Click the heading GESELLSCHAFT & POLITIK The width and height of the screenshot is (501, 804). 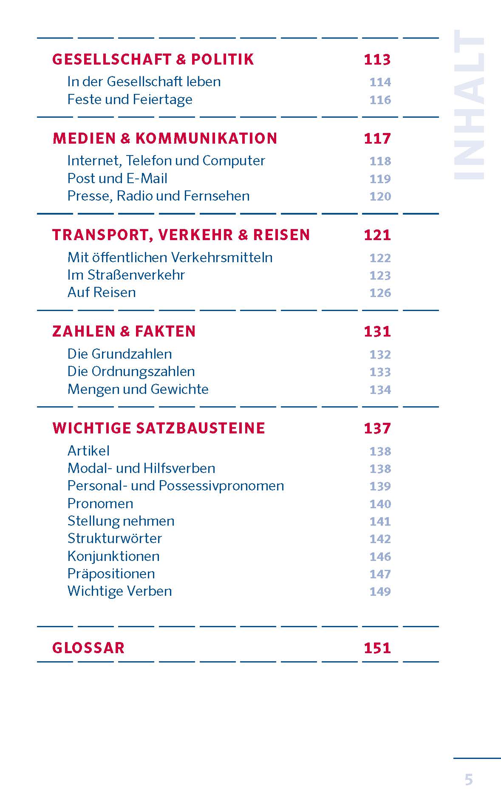[153, 59]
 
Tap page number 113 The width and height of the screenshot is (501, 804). [377, 59]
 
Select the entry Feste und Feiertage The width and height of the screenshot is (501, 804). [130, 99]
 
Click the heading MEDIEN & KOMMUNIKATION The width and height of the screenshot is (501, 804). [165, 139]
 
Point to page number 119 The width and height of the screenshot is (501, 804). [380, 178]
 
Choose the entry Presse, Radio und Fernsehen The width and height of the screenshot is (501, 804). [159, 196]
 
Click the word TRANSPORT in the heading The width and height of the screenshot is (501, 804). [99, 235]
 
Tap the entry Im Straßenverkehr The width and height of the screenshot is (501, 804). [126, 275]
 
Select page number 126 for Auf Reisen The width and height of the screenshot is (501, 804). [380, 293]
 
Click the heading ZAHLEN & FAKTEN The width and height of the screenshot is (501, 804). [124, 331]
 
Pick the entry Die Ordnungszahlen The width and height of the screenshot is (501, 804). [131, 371]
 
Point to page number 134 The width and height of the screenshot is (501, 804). [380, 389]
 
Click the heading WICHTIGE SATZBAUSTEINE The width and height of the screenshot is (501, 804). [159, 428]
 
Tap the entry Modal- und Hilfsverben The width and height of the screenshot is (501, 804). [141, 468]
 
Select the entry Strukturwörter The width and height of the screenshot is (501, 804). [115, 538]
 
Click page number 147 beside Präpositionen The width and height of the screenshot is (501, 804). [380, 574]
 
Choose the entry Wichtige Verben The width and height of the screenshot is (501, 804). [119, 591]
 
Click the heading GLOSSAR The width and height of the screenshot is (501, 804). [88, 648]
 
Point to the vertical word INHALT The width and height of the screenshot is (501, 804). [469, 105]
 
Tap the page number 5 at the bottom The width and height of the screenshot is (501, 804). [468, 780]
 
